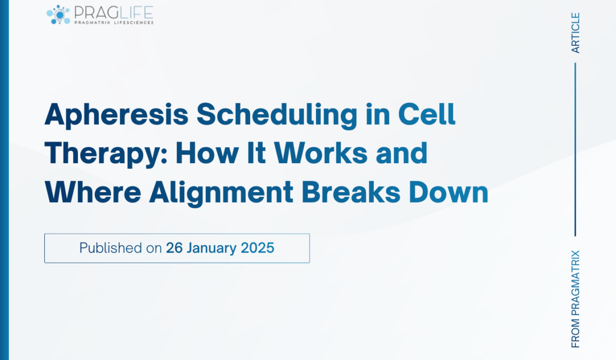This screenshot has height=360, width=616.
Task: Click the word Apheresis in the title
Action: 116,115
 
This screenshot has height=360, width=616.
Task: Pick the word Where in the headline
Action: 92,192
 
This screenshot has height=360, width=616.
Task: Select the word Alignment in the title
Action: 221,192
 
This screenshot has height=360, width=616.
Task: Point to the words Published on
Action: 121,248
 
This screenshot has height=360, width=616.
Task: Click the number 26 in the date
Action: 174,248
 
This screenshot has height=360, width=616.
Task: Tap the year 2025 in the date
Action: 258,248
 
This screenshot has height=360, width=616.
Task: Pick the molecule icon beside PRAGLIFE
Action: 58,15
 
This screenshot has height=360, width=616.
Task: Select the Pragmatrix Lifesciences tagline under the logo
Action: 114,23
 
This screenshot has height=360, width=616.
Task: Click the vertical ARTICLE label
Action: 575,33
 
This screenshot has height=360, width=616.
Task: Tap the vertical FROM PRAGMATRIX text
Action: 575,298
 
